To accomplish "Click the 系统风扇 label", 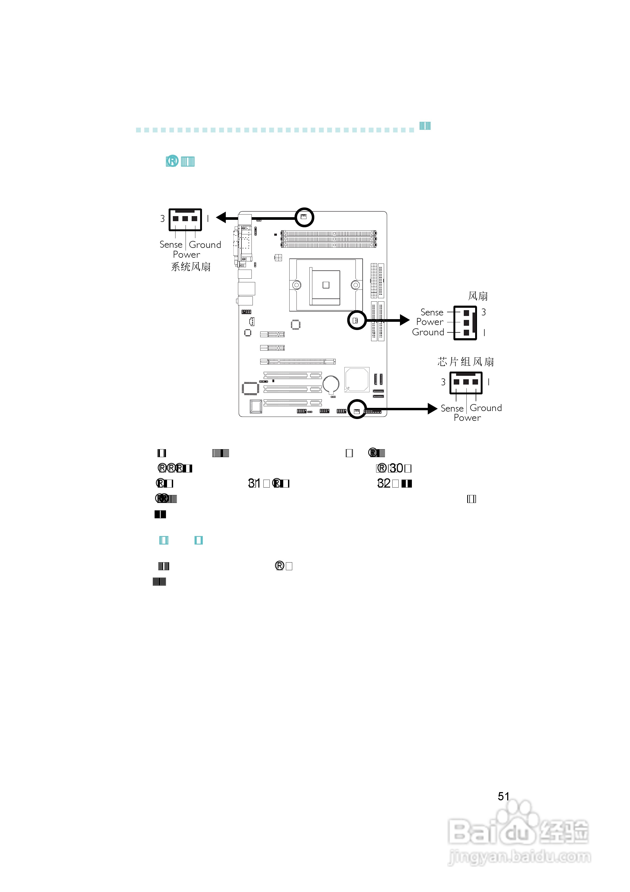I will [x=191, y=267].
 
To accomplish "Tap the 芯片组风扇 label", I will [x=466, y=362].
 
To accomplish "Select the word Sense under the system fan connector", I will [x=171, y=245].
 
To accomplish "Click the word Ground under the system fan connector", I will [x=205, y=245].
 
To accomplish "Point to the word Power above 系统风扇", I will [x=186, y=255].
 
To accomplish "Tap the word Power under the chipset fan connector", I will [x=467, y=418].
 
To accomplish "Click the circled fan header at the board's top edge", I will [x=304, y=217].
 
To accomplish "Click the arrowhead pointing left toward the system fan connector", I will [x=221, y=217].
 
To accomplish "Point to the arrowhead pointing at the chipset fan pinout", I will [x=432, y=409].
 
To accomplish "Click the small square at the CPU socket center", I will [x=326, y=285].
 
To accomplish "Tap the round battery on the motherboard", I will [x=331, y=384].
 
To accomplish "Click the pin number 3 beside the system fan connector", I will [x=162, y=219].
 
